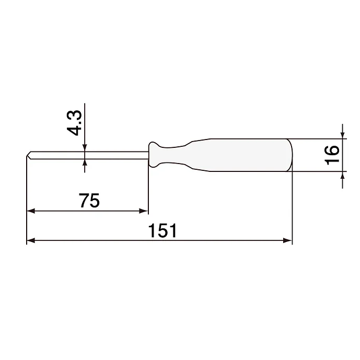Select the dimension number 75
(89, 200)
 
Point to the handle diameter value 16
(332, 155)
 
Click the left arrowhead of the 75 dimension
(30, 211)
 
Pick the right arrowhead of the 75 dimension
(144, 211)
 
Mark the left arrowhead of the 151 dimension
(30, 240)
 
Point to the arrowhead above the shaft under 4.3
(85, 148)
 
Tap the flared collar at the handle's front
(153, 155)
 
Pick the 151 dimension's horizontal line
(209, 240)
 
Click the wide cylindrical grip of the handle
(246, 155)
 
